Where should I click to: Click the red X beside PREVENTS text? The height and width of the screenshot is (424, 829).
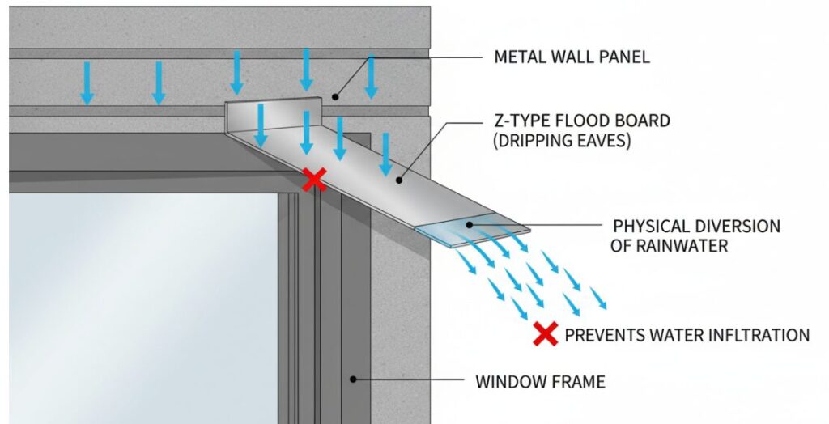(546, 333)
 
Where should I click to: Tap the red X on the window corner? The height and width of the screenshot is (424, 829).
(314, 180)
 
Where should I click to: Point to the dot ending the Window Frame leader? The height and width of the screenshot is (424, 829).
(352, 379)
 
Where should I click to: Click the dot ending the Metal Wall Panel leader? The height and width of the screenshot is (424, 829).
(334, 96)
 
